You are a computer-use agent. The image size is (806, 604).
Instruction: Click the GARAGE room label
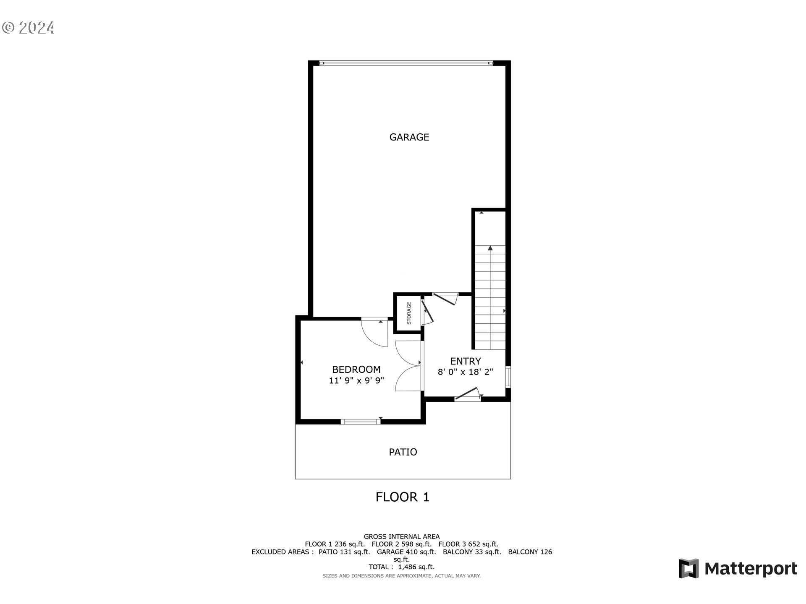(409, 137)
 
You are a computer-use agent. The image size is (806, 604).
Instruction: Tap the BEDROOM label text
(356, 370)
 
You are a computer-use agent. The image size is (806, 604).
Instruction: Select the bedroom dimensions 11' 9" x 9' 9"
(356, 380)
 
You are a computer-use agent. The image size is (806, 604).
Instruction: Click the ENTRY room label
(465, 361)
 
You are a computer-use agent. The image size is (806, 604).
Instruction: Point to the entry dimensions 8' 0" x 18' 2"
(465, 372)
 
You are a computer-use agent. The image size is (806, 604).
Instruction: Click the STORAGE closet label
(409, 313)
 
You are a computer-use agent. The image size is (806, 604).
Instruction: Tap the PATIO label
(403, 452)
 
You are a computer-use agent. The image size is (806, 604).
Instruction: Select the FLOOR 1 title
(402, 497)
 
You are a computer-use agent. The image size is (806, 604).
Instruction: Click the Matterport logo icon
(688, 568)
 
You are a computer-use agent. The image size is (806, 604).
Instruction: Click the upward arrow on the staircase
(490, 248)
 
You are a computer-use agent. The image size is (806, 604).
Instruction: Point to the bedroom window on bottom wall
(360, 422)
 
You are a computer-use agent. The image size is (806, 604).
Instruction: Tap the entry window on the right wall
(508, 376)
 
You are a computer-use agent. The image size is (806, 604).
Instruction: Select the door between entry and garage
(445, 298)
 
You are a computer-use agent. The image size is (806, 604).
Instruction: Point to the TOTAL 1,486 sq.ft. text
(401, 567)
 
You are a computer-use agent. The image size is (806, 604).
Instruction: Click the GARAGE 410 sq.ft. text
(406, 552)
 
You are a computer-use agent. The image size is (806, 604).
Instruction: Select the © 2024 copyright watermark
(28, 28)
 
